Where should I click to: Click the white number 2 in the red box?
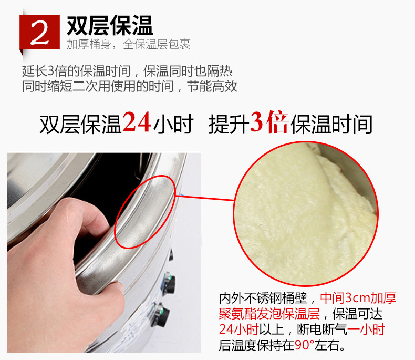pos(40,32)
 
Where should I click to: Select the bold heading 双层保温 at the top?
pos(110,25)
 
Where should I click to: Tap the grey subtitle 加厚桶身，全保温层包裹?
pos(128,44)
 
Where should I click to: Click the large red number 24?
pos(137,122)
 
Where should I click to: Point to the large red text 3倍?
pos(269,122)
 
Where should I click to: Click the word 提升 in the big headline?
pos(229,124)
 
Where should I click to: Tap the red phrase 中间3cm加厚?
pos(358,298)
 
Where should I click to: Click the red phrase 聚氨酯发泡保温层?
pos(269,314)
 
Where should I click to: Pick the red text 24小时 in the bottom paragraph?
pos(238,330)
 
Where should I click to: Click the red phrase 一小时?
pos(366,330)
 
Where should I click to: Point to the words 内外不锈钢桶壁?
pos(263,298)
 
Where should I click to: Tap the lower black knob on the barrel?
pos(160,315)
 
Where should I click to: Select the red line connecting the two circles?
pos(204,198)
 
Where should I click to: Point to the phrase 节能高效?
pos(212,86)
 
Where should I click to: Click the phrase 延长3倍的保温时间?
pos(76,71)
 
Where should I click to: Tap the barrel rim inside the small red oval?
pos(145,212)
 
